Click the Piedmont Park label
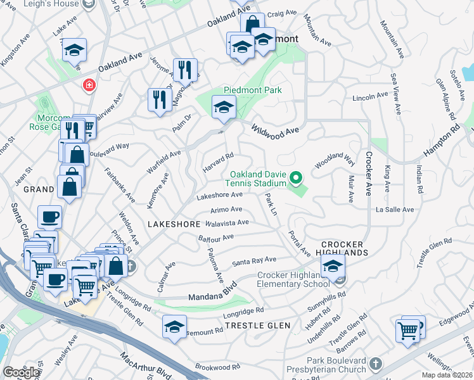pos(252,90)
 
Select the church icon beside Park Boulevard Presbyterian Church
pos(376,363)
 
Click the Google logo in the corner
pos(21,372)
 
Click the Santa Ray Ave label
pos(253,261)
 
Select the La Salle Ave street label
pos(394,209)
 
